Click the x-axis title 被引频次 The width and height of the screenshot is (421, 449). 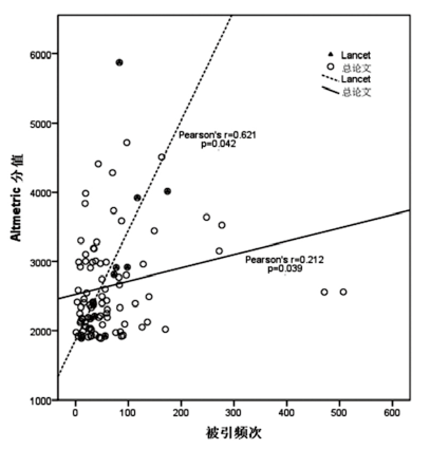point(234,434)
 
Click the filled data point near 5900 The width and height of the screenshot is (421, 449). point(119,62)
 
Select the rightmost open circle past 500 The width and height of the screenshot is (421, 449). point(343,292)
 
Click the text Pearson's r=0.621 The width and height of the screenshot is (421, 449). point(217,135)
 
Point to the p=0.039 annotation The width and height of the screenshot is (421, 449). point(285,269)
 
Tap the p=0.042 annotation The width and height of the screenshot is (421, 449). point(218,144)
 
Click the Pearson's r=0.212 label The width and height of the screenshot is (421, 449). point(284,260)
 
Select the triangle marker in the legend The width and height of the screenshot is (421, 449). point(331,54)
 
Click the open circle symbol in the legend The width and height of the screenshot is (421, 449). point(331,67)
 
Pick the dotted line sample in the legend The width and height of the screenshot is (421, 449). point(331,79)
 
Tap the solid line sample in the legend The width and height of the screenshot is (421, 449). point(331,91)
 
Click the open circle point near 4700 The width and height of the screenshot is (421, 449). point(127,143)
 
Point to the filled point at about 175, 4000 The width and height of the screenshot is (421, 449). point(167,191)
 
